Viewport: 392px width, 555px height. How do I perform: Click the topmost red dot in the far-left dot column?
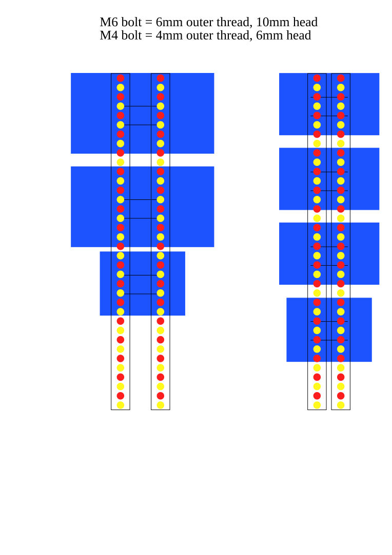(121, 78)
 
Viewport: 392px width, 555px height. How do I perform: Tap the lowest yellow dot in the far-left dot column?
(121, 405)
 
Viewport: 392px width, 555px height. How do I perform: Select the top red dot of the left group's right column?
(161, 78)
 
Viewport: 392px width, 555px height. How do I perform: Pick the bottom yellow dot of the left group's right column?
(161, 405)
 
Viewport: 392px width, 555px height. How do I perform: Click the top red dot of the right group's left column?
(317, 78)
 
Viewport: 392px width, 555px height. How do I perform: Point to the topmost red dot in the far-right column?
(341, 78)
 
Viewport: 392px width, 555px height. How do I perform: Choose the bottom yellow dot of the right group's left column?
(317, 405)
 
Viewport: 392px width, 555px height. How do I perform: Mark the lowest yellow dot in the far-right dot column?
(341, 405)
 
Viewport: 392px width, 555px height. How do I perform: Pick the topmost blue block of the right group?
(292, 104)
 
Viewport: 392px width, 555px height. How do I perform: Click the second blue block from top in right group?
(292, 178)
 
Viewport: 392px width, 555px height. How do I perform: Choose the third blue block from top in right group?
(292, 253)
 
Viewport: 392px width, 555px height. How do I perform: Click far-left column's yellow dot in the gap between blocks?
(121, 162)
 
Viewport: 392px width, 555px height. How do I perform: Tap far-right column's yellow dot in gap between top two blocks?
(341, 143)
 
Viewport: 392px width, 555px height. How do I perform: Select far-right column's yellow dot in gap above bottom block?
(341, 293)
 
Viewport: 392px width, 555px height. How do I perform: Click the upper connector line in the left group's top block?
(141, 106)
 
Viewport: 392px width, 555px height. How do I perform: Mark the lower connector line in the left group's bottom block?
(141, 294)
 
